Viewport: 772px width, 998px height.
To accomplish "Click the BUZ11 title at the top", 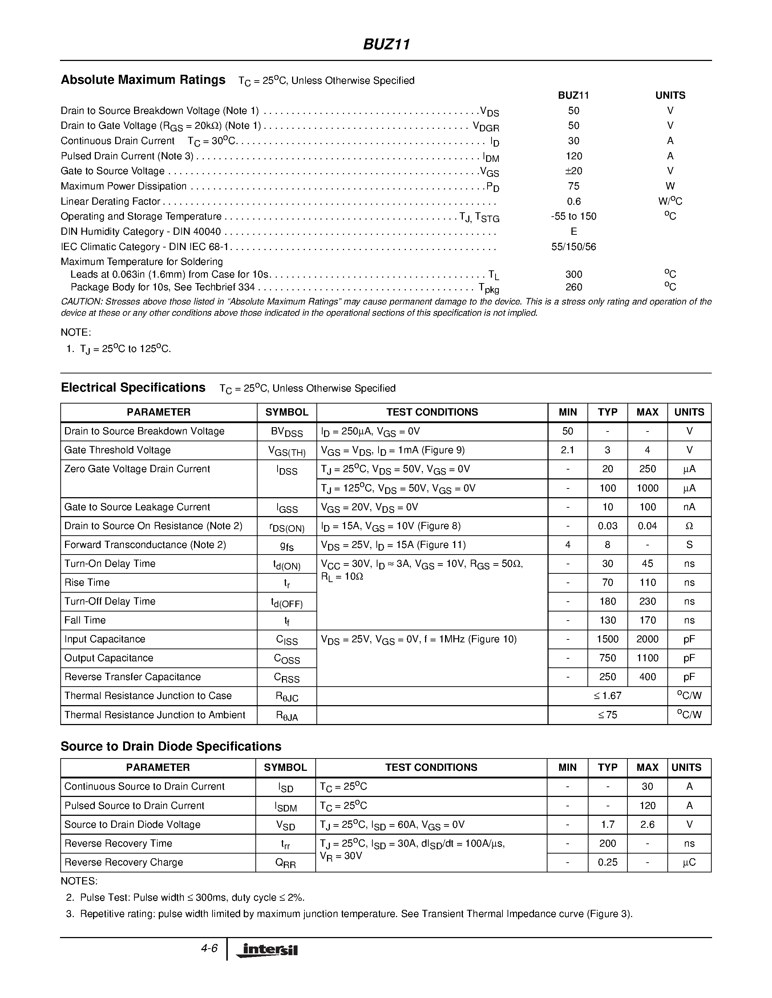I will (387, 44).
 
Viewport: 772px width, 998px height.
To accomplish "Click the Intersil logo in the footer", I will (267, 950).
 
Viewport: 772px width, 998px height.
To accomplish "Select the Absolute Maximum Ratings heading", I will (143, 80).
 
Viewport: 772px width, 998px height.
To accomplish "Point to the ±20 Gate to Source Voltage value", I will (574, 171).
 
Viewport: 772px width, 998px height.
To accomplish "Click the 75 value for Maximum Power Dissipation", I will (574, 186).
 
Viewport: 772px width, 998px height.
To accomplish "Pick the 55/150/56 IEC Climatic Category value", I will (574, 247).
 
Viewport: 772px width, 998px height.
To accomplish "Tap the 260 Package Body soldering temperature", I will (574, 287).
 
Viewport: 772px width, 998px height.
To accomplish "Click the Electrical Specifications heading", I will (133, 388).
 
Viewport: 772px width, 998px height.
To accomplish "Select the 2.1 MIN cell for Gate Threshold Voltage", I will (567, 450).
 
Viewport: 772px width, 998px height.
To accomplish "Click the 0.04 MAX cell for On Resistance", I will (647, 526).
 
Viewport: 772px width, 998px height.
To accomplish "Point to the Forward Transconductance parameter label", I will (145, 545).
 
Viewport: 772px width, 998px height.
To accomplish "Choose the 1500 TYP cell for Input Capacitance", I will (607, 639).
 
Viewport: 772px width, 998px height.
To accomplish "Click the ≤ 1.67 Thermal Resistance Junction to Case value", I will (607, 696).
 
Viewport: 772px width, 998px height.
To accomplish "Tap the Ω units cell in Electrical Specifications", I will (689, 526).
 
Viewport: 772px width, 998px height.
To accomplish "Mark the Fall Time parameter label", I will (85, 620).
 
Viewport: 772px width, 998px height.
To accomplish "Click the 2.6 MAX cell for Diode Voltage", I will (647, 825).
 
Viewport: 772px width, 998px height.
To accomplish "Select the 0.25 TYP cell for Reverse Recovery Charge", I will (607, 862).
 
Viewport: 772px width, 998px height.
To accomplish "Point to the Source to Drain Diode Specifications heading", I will (171, 746).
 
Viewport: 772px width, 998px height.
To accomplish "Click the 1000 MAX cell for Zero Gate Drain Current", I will (647, 488).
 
